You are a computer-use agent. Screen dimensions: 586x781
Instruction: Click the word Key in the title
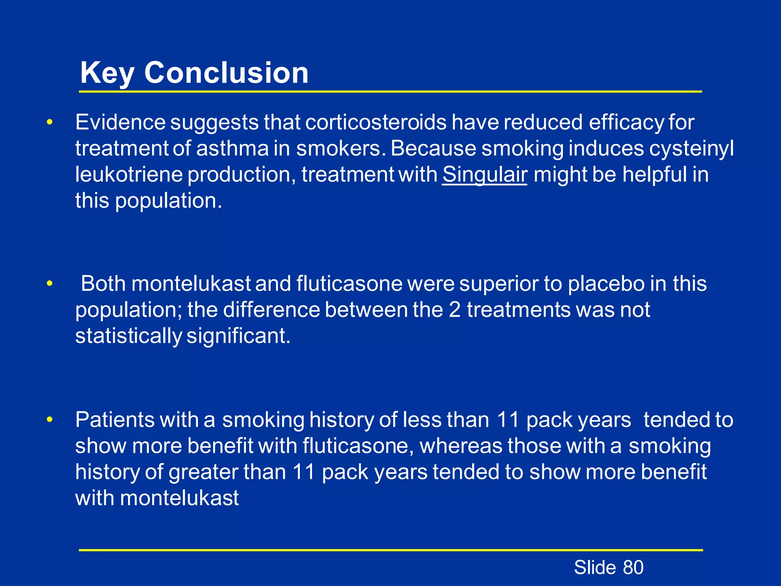pos(107,73)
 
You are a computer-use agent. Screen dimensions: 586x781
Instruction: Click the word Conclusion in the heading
pos(226,73)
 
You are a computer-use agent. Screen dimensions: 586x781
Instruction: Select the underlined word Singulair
pos(485,175)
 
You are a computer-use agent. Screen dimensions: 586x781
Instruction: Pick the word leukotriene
pos(129,175)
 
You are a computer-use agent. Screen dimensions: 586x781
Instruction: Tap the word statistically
pos(129,336)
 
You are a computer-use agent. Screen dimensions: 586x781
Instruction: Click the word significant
pos(238,336)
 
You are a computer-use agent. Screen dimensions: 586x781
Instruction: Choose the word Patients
pos(115,420)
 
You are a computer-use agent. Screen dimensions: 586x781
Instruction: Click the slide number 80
pos(633,567)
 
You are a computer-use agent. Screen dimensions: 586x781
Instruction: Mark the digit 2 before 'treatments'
pos(455,310)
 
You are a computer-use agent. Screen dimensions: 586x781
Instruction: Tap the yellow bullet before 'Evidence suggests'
pos(49,122)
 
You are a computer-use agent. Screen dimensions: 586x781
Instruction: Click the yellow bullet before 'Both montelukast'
pos(49,284)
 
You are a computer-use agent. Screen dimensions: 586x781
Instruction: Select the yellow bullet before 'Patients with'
pos(49,420)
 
